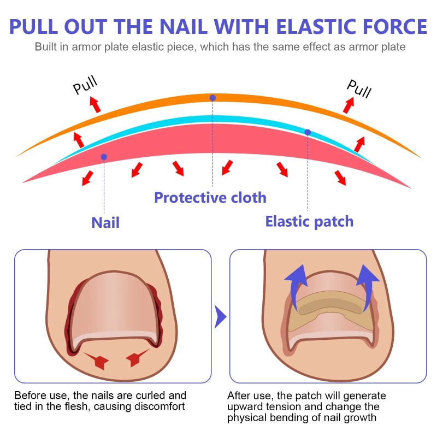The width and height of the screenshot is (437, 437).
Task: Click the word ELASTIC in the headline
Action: [309, 27]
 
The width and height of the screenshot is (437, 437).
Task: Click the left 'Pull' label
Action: [86, 85]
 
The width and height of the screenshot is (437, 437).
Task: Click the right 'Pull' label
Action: [359, 87]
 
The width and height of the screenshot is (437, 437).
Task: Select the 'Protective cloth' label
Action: [210, 197]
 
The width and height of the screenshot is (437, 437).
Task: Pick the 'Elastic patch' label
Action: [309, 221]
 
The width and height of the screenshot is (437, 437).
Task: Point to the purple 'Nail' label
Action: [105, 222]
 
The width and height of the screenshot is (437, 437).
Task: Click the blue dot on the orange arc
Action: [212, 98]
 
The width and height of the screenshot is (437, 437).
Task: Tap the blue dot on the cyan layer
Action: [308, 132]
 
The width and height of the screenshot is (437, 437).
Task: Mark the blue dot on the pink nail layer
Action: [104, 157]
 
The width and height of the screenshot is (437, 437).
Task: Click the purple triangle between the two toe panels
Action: [220, 316]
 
